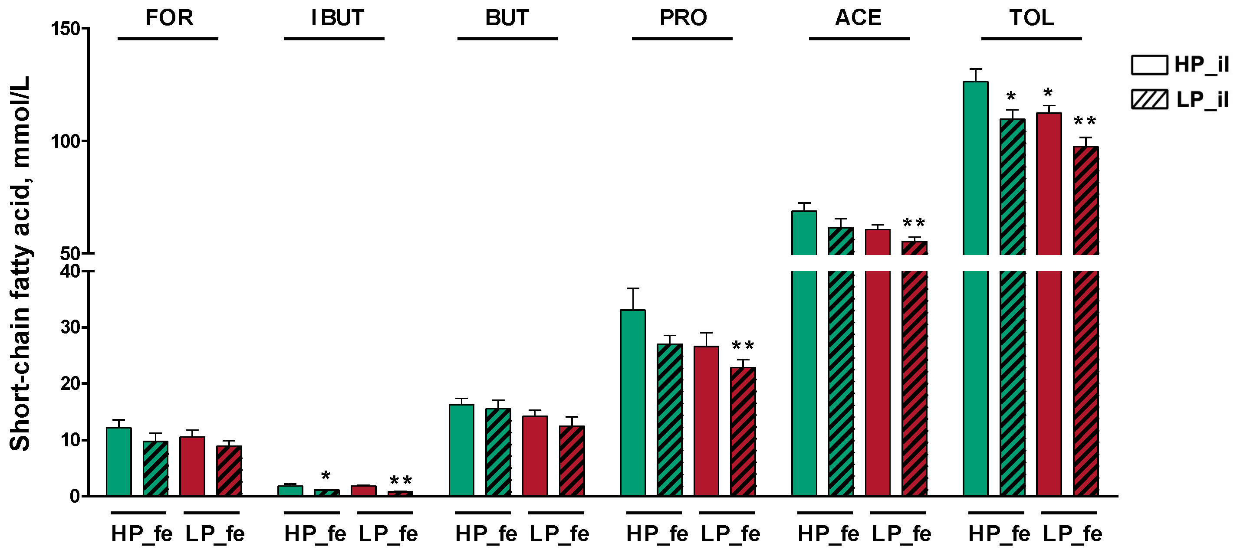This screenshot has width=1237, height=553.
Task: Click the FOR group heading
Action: [x=169, y=18]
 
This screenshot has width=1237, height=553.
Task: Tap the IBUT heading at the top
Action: [x=338, y=18]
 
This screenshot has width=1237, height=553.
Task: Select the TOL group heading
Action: [x=1031, y=18]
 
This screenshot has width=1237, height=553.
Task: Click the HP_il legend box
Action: [x=1149, y=65]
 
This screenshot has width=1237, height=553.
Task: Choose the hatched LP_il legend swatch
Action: [x=1149, y=100]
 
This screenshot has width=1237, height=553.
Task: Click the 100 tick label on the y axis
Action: [x=65, y=141]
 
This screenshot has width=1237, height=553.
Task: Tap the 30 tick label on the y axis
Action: [x=70, y=328]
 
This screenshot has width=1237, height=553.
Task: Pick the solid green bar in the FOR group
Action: [x=118, y=461]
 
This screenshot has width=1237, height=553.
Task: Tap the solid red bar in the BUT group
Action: [x=535, y=455]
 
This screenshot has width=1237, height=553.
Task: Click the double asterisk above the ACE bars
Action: [x=913, y=223]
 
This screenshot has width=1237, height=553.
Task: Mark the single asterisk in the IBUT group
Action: [x=326, y=476]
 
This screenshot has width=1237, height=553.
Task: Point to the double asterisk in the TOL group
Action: [x=1084, y=121]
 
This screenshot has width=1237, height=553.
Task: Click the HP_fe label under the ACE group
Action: [x=828, y=534]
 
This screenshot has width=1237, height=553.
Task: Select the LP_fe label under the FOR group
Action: [x=215, y=534]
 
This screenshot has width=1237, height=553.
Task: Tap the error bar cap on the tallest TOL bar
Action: [x=976, y=69]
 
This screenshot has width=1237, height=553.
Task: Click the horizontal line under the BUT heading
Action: [x=507, y=39]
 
